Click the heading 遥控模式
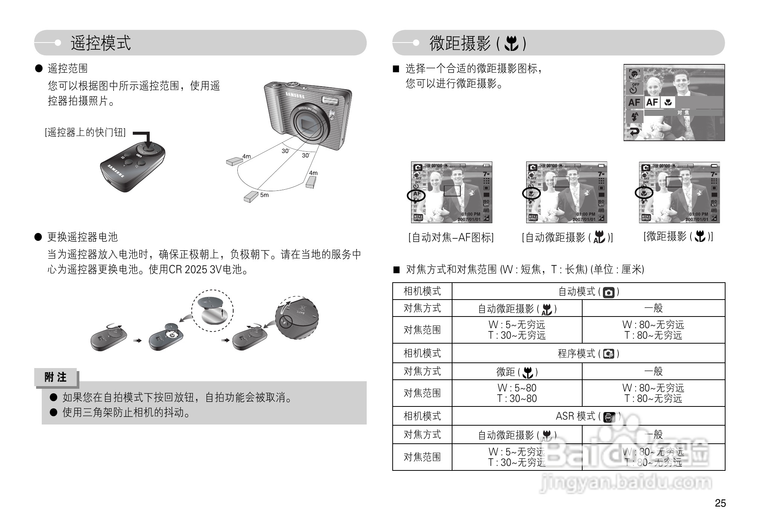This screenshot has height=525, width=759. click(101, 43)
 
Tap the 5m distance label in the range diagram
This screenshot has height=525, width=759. click(264, 195)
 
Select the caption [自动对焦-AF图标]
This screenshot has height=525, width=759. click(451, 237)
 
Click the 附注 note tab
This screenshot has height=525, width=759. click(56, 377)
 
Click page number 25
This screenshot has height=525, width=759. click(720, 503)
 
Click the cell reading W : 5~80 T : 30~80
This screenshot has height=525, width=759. click(517, 393)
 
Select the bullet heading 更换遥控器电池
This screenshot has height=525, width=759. click(82, 237)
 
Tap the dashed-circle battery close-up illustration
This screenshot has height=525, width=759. click(213, 310)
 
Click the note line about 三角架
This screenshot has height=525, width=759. click(126, 412)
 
